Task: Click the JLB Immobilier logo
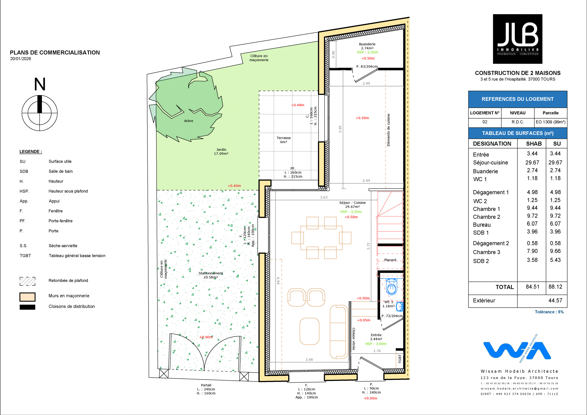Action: click(x=518, y=39)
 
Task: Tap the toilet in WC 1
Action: click(x=391, y=287)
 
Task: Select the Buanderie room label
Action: click(x=367, y=44)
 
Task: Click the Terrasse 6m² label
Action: click(x=284, y=140)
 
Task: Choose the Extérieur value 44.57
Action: click(x=555, y=300)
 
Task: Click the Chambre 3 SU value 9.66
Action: click(x=555, y=251)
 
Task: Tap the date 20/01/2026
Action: click(x=20, y=58)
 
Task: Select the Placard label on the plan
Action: click(x=390, y=260)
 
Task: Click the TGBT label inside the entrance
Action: click(x=400, y=359)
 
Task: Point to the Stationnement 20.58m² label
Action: click(x=211, y=275)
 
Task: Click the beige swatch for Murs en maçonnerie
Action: click(x=27, y=297)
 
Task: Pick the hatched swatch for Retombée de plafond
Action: click(x=27, y=281)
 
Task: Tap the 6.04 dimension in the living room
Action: click(x=278, y=281)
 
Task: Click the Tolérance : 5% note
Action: click(x=549, y=312)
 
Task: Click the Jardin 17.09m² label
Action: click(x=221, y=151)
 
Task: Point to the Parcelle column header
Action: click(x=551, y=113)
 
